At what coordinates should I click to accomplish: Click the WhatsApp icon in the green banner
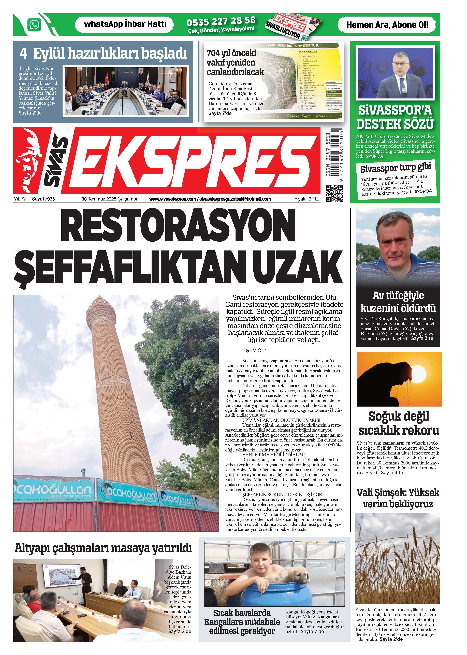tap(34, 25)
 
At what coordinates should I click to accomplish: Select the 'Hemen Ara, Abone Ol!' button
tap(387, 25)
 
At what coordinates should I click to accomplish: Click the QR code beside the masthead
tap(334, 193)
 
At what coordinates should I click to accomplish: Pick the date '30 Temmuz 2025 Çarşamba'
tap(110, 199)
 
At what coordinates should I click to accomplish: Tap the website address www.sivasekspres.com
tap(172, 199)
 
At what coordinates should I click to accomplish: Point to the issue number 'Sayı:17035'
tap(43, 199)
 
